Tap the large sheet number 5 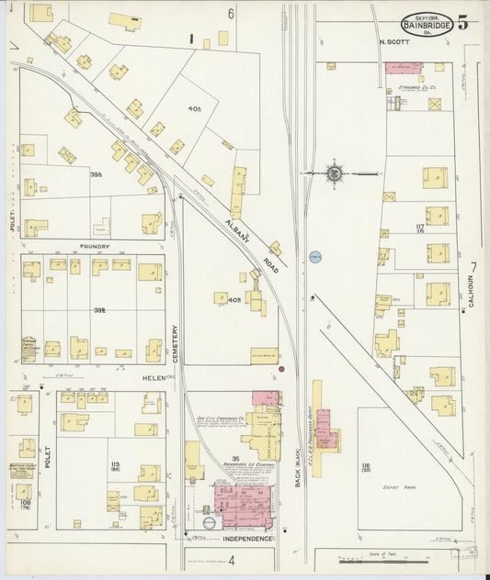pyautogui.click(x=462, y=24)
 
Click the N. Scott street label pyautogui.click(x=394, y=42)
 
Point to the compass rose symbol pyautogui.click(x=335, y=172)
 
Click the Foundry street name pyautogui.click(x=95, y=246)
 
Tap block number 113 pyautogui.click(x=115, y=465)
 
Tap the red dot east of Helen pyautogui.click(x=281, y=369)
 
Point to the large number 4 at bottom pyautogui.click(x=232, y=559)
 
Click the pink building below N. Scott pyautogui.click(x=401, y=68)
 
